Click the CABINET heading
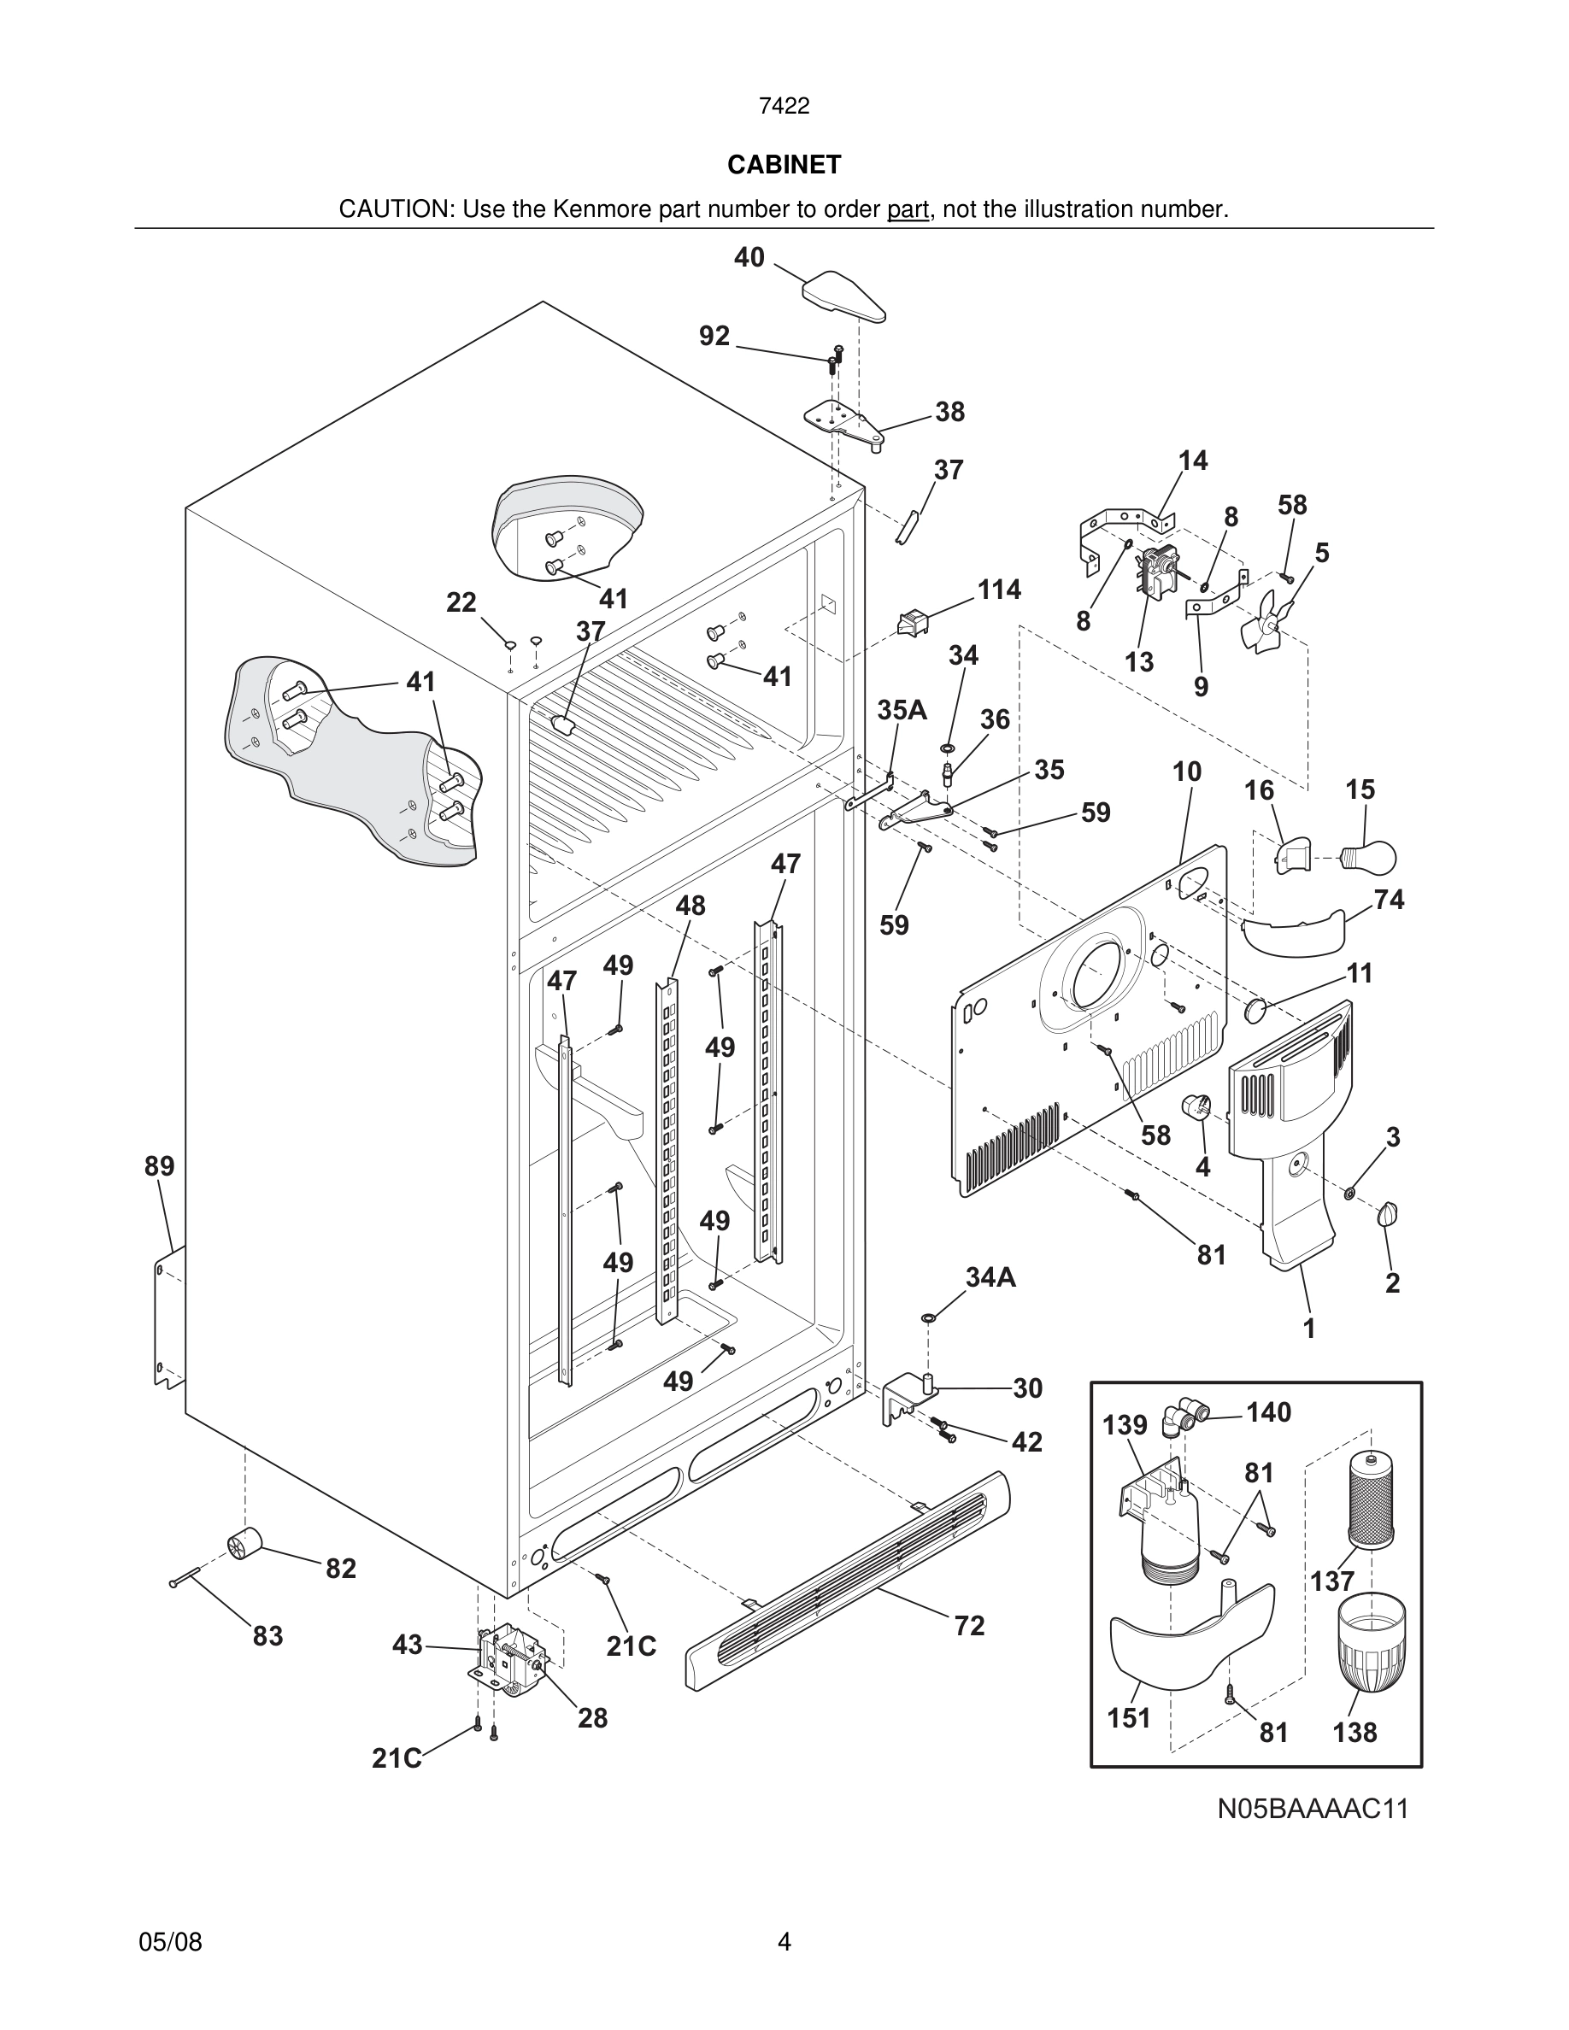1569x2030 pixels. coord(784,165)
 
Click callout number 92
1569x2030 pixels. coord(714,336)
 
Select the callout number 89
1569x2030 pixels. coord(159,1165)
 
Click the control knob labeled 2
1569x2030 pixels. coord(1389,1214)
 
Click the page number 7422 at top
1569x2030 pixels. coord(784,107)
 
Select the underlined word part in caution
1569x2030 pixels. coord(908,210)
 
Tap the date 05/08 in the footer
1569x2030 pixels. coord(170,1942)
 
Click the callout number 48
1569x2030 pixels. coord(690,906)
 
